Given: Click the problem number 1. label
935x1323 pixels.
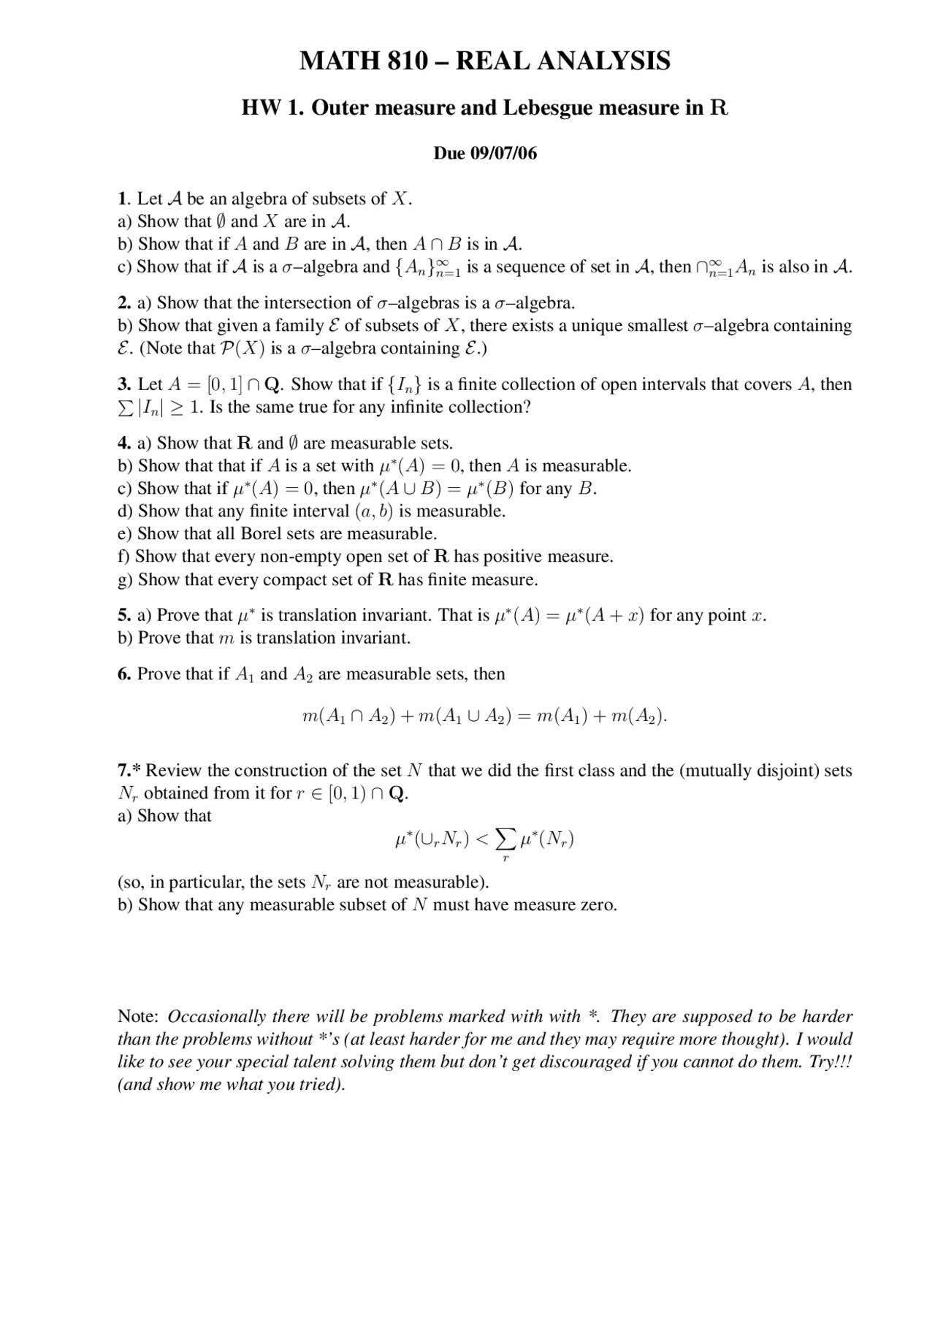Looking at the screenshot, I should click(123, 199).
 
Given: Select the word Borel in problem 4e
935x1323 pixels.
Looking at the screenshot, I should click(264, 533).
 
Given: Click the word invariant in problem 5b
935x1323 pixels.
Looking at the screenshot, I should click(375, 638).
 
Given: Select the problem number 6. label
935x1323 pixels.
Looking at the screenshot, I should click(124, 674).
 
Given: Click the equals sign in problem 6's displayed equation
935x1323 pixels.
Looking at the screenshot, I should click(524, 717).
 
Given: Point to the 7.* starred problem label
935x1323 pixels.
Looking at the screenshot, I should click(131, 770).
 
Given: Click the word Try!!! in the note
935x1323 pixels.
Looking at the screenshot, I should click(831, 1061).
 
